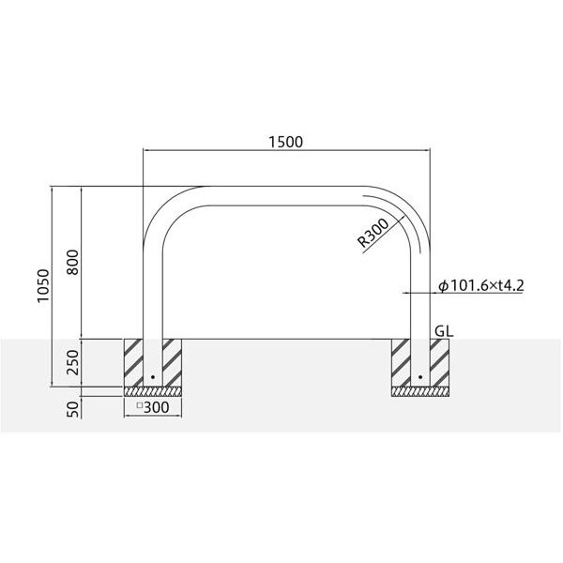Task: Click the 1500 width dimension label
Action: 286,143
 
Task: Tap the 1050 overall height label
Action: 43,286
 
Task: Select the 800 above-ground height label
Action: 72,263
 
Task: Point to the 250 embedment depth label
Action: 72,362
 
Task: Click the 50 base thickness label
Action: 72,409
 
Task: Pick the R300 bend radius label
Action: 373,234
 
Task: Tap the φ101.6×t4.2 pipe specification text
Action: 481,286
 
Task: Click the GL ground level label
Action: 444,331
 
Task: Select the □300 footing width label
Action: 153,407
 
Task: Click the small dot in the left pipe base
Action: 153,377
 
